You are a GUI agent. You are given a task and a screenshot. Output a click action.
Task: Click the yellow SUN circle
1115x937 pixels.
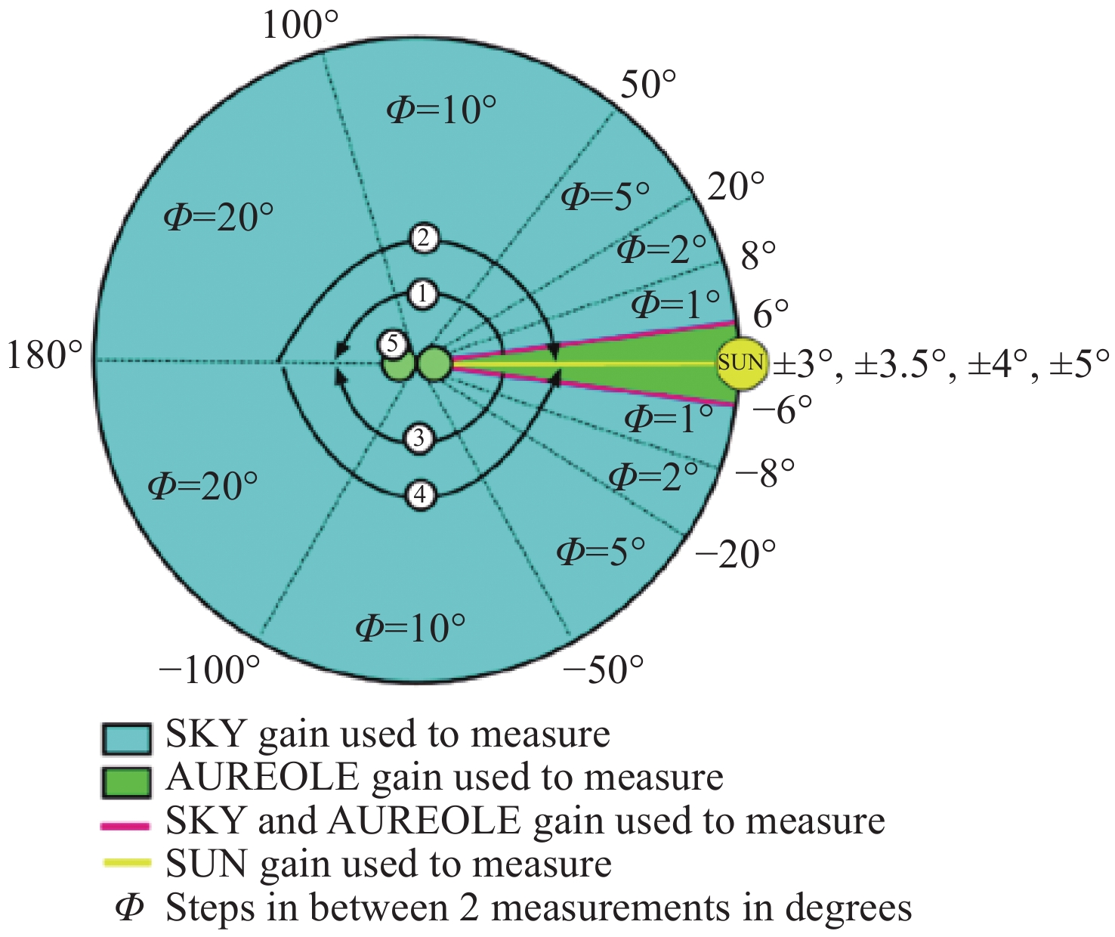(x=740, y=363)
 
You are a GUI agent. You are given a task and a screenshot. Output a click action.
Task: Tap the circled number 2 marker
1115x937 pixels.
(x=424, y=239)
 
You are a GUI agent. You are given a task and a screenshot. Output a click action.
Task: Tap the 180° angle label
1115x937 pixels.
(x=45, y=355)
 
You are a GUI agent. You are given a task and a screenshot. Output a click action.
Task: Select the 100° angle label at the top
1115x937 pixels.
(x=300, y=26)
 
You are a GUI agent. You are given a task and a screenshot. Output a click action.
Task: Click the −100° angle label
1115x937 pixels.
(x=210, y=669)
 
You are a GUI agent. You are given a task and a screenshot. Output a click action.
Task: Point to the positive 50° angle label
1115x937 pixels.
(x=647, y=85)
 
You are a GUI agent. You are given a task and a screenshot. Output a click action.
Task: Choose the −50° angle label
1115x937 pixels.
(x=604, y=669)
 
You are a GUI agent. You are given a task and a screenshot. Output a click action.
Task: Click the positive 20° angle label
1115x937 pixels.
(x=736, y=187)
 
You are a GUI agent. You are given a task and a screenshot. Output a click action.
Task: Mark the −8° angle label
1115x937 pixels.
(x=764, y=474)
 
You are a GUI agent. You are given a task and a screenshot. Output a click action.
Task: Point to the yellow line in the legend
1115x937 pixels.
(x=126, y=864)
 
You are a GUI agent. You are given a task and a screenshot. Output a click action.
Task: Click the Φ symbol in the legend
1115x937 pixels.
(x=129, y=908)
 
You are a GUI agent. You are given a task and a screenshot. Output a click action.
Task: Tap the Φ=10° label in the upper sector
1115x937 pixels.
(x=442, y=111)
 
